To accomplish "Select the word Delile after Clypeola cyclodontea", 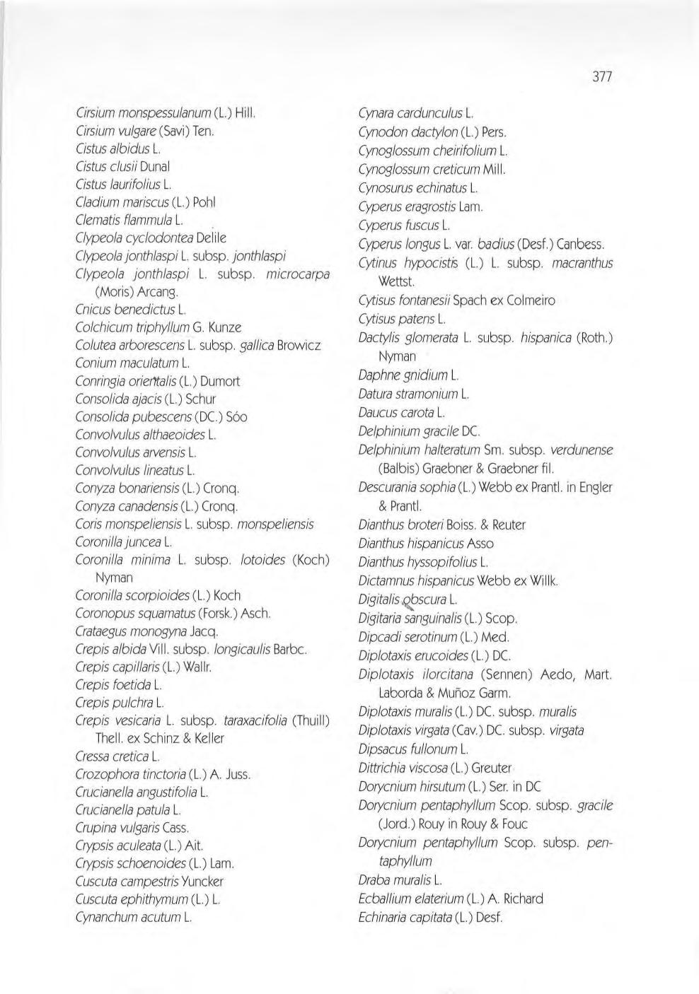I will [x=212, y=238].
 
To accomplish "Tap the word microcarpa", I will [x=297, y=274].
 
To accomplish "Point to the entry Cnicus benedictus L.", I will [x=130, y=309].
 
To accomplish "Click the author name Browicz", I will [x=299, y=345].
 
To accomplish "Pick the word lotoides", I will [x=262, y=560].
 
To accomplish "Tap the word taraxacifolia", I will [x=255, y=720].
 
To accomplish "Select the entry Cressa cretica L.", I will [x=117, y=756].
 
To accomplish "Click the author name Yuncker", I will [x=202, y=882].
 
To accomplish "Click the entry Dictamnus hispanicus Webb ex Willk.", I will [x=458, y=581].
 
